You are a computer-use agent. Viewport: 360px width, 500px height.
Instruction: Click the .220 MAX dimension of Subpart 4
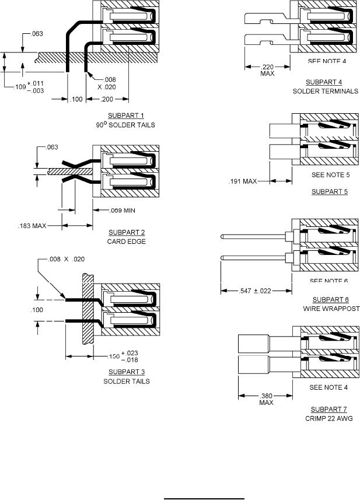tap(267, 69)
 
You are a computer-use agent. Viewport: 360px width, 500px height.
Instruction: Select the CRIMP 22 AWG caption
tap(325, 419)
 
